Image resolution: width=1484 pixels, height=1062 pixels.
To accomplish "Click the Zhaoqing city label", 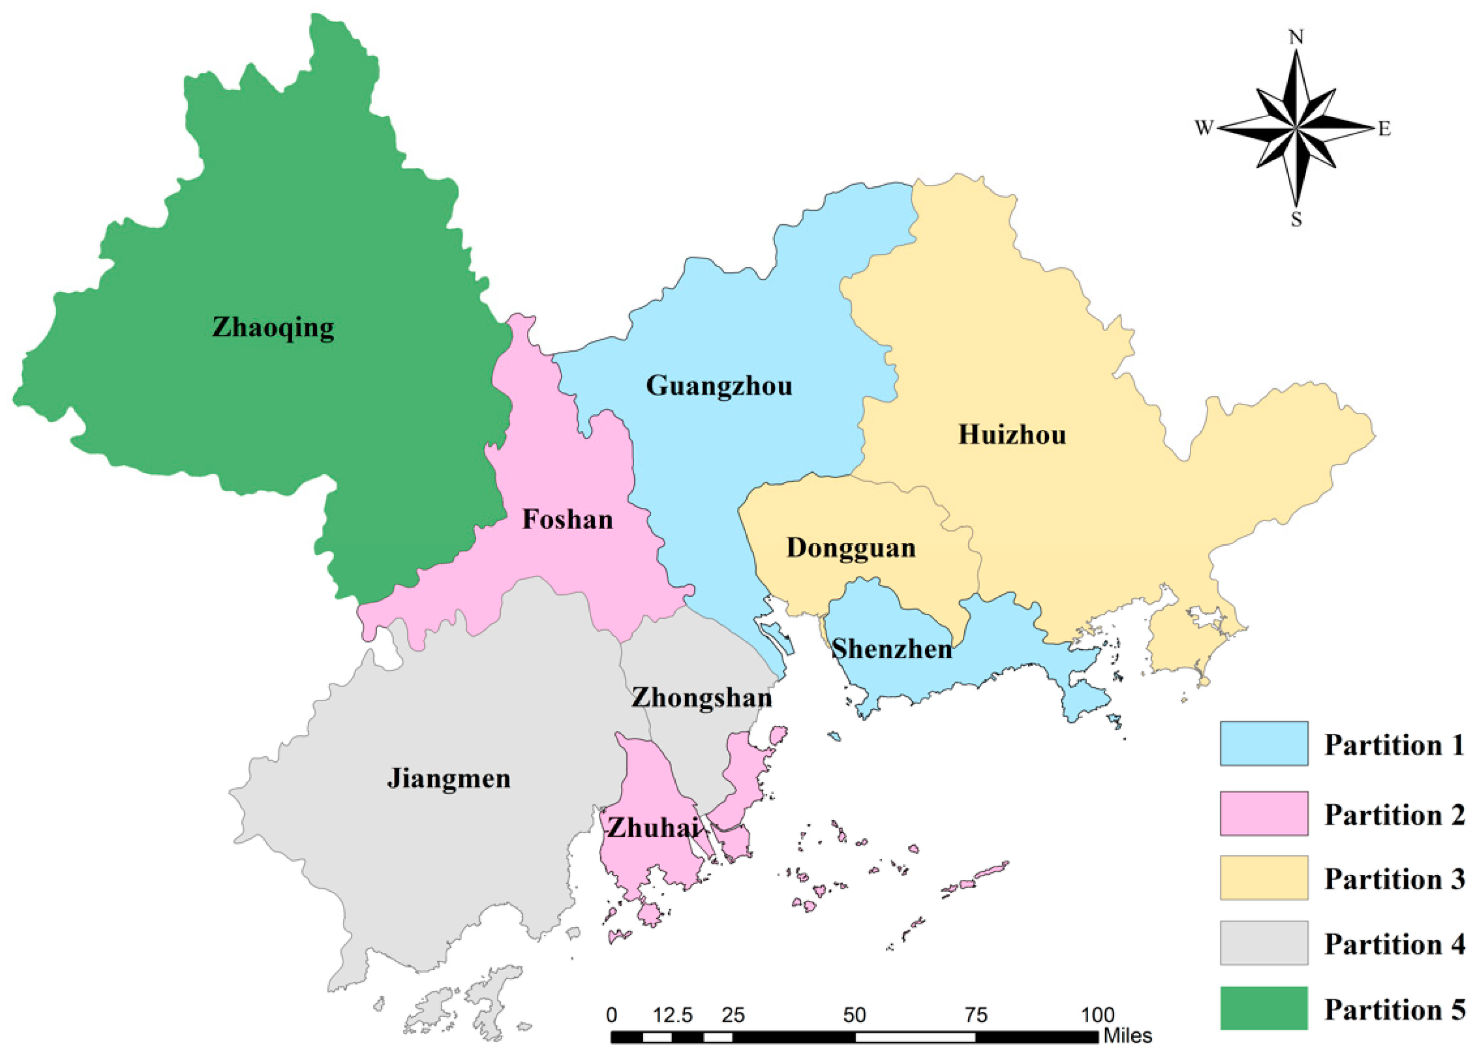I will pos(273,327).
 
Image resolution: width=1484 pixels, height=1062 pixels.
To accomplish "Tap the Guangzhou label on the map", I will pos(719,386).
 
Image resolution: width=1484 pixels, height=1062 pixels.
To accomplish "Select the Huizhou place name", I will pos(1012,435).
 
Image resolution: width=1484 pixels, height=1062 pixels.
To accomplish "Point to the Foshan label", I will pos(567,520).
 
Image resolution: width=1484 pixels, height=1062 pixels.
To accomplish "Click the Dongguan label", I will pos(851,548).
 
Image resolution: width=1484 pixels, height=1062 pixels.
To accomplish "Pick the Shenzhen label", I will pos(891,649).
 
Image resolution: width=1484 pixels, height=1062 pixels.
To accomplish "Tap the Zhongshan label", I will pos(701,698).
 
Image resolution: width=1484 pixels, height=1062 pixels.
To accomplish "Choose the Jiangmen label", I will pos(449,779).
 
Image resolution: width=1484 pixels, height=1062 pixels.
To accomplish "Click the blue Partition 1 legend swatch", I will pos(1264,743).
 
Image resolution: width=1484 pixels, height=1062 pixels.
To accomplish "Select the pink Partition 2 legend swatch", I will pos(1264,813).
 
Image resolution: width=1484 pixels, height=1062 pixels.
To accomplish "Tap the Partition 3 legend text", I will pos(1395,879).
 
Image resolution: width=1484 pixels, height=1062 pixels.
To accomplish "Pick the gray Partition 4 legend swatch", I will pos(1264,942).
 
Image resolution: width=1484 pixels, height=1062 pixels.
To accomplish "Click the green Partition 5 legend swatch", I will pos(1264,1008).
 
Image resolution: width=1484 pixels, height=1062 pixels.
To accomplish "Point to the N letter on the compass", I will pos(1296,37).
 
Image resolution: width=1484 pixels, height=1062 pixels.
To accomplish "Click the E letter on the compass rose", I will pos(1384,130).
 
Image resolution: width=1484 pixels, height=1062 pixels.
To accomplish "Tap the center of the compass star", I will pos(1296,128).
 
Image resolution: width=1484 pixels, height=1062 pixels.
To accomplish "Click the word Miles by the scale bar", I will pos(1127,1036).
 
